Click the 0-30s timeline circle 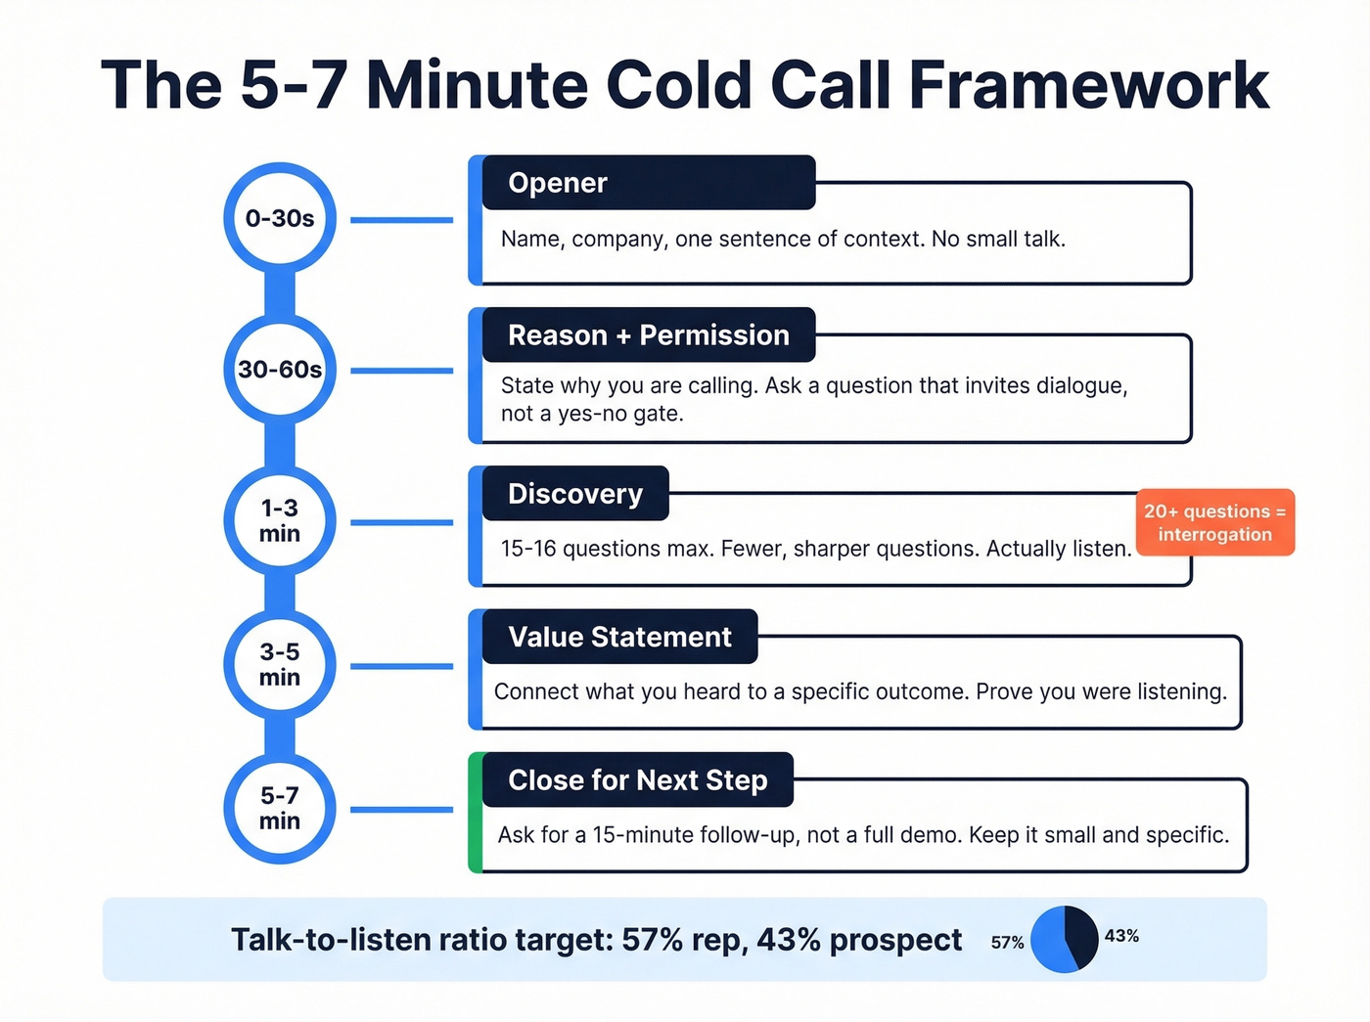pos(280,218)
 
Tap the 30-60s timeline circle pos(280,370)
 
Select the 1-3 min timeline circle pos(280,520)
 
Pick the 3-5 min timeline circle pos(280,664)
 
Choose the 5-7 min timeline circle pos(280,808)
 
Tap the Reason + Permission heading pos(648,334)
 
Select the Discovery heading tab pos(574,494)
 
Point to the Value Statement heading pos(619,637)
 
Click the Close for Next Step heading pos(637,779)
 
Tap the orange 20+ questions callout pos(1214,522)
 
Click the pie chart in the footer pos(1065,939)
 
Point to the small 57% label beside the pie pos(1007,942)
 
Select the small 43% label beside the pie pos(1121,936)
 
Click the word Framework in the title pos(1088,85)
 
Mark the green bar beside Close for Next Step pos(476,812)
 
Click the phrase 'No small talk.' pos(998,239)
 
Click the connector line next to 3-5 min pos(401,666)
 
